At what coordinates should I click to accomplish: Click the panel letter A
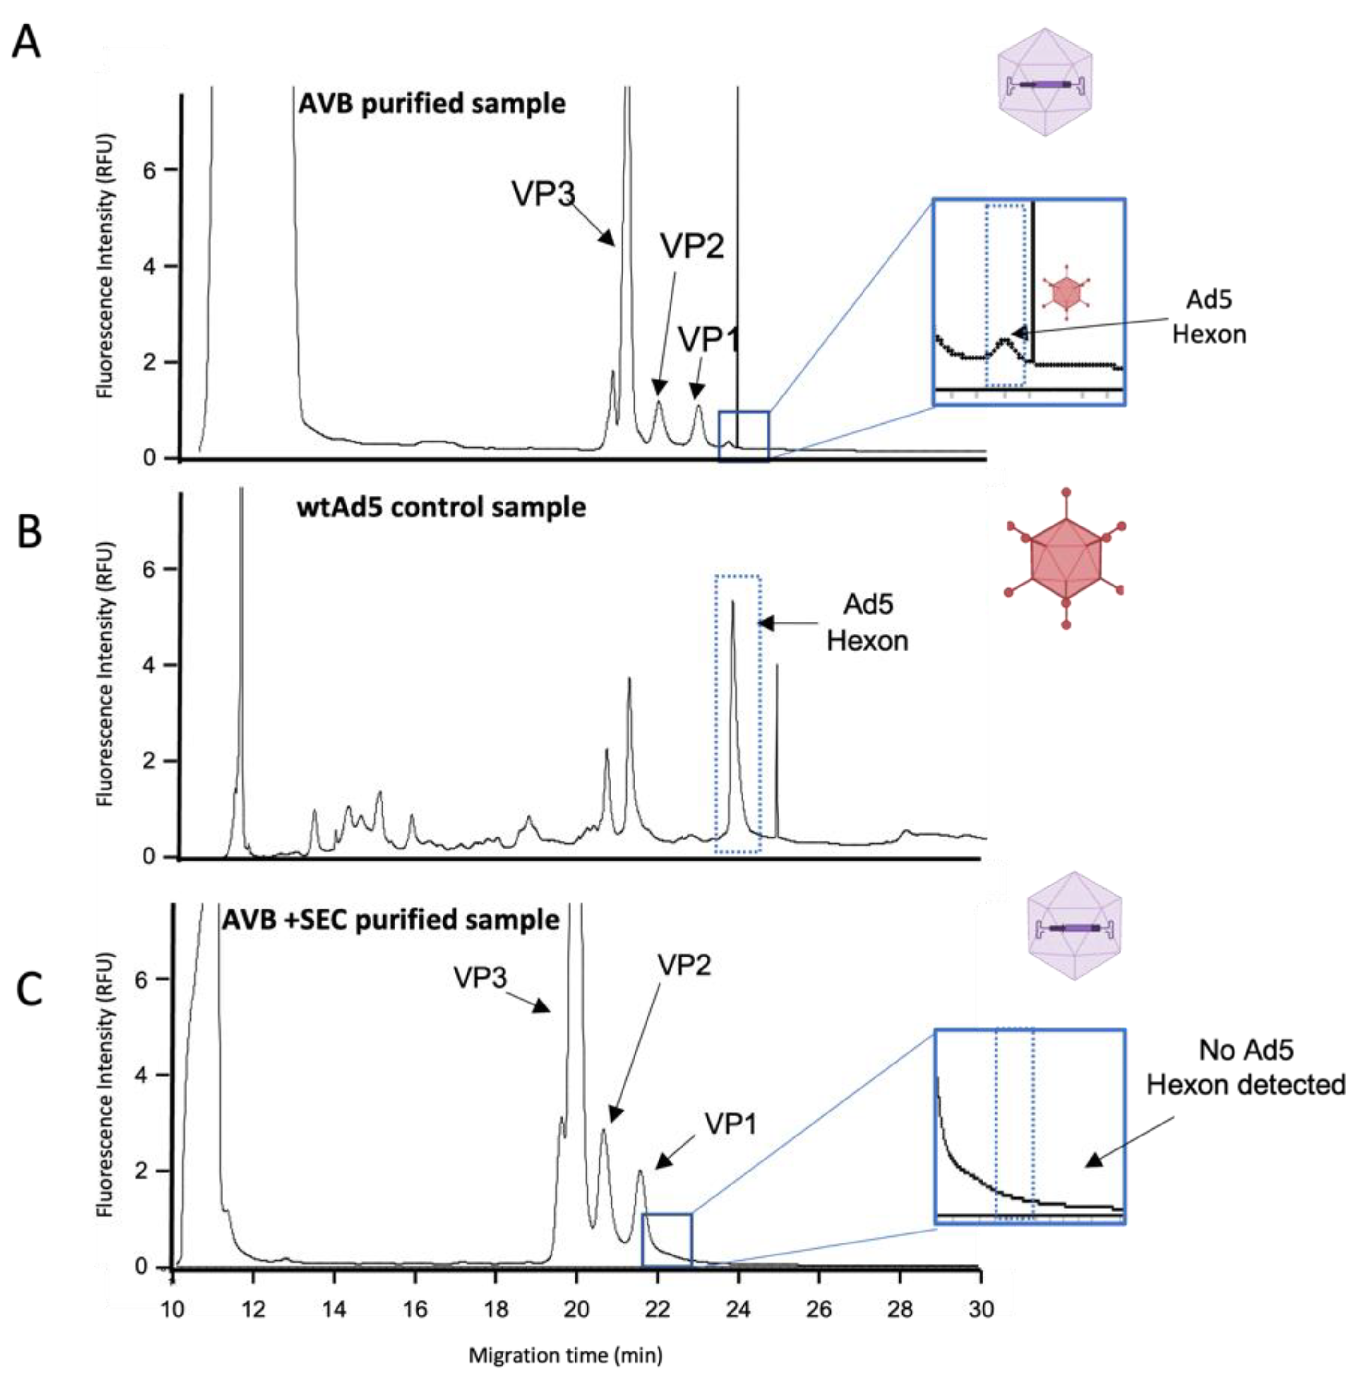click(x=27, y=43)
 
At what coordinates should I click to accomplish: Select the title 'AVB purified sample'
click(x=431, y=104)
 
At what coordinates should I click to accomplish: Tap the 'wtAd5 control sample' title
click(x=441, y=508)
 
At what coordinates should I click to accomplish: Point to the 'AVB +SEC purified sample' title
click(x=390, y=920)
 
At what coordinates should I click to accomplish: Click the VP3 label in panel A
click(x=543, y=193)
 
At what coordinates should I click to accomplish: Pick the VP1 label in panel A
click(x=708, y=340)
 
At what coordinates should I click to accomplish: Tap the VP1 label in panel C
click(x=731, y=1124)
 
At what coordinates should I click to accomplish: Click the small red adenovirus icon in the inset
click(x=1065, y=292)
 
